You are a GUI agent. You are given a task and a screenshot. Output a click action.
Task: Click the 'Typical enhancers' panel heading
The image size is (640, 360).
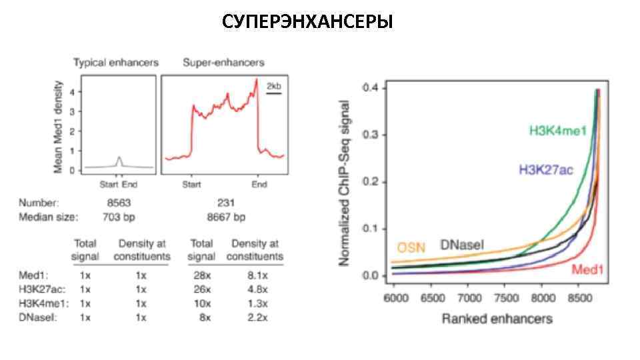click(x=116, y=62)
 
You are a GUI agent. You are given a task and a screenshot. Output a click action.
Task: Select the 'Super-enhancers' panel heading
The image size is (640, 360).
click(x=223, y=62)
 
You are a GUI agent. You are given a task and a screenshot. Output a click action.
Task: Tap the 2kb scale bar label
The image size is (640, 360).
click(x=274, y=86)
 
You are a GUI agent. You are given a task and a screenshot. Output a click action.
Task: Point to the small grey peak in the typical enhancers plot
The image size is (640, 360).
click(x=119, y=161)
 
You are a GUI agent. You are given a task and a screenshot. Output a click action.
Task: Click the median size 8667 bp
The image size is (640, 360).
click(x=225, y=217)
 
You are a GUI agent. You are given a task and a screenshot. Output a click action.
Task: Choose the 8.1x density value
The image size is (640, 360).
click(x=254, y=275)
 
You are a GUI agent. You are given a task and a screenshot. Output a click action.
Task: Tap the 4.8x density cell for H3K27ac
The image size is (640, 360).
click(x=254, y=289)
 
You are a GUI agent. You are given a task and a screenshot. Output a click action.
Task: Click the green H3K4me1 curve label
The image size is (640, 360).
click(x=557, y=131)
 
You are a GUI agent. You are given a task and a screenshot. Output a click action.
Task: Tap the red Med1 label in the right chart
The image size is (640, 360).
click(x=586, y=270)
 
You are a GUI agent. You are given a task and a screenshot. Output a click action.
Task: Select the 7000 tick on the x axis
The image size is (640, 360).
click(x=469, y=296)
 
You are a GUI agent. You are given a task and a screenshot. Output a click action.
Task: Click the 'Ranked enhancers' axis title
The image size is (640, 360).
click(x=497, y=319)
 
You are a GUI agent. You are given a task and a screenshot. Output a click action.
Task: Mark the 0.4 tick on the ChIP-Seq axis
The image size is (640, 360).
click(x=370, y=88)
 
